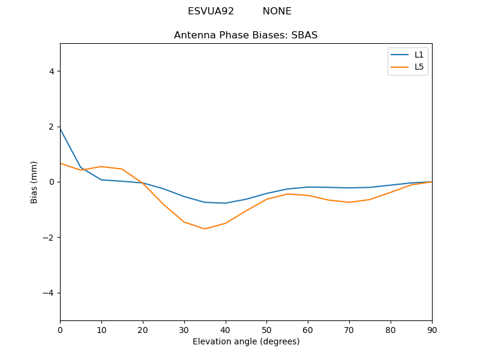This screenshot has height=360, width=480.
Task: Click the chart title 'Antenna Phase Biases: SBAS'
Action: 245,35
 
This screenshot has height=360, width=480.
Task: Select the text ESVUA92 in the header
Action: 211,11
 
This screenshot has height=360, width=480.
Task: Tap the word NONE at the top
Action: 277,11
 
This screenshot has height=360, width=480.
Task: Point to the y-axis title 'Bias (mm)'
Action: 34,182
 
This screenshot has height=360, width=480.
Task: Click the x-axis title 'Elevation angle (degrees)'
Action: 246,341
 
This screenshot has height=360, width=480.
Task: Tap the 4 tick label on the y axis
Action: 51,71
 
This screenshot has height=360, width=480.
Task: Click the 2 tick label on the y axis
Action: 51,127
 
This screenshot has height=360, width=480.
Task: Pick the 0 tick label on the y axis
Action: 51,182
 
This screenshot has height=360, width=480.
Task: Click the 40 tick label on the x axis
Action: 225,329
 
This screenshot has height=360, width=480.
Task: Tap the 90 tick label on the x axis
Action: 431,329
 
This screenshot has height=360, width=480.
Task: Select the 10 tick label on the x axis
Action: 101,329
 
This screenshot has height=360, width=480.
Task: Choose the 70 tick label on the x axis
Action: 349,329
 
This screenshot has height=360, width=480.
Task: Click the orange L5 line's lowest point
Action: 205,229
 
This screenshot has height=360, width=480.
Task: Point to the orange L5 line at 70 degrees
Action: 349,202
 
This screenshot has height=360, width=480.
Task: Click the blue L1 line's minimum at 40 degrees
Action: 225,203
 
